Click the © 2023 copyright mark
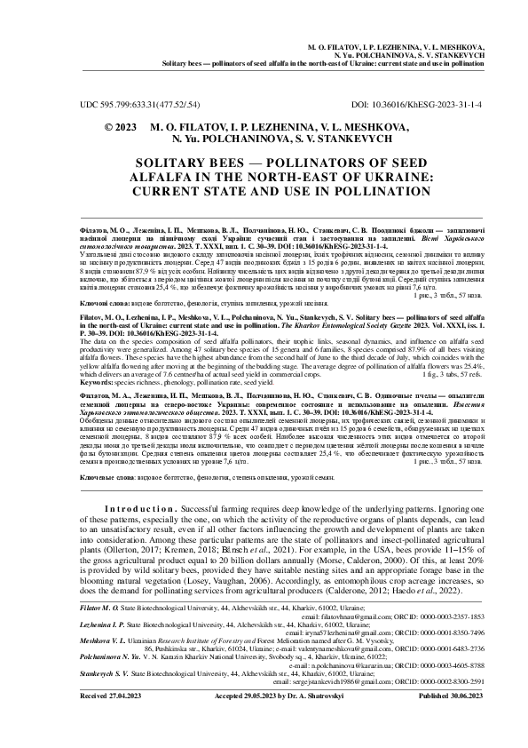tap(119, 128)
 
